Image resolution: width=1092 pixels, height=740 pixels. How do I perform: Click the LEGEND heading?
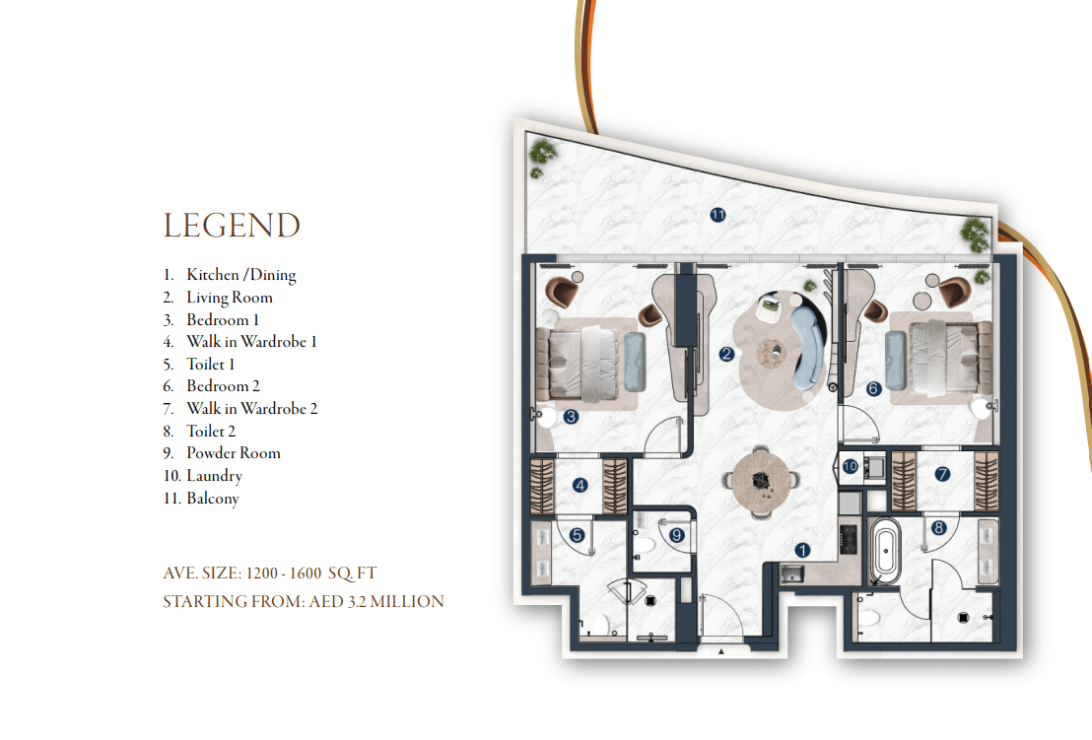232,226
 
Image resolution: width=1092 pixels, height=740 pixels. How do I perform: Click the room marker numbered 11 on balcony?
718,215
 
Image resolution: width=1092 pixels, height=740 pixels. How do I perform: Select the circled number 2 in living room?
726,354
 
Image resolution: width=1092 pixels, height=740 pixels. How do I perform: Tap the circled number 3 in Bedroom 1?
571,417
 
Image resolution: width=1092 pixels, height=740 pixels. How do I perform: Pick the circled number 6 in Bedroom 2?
873,388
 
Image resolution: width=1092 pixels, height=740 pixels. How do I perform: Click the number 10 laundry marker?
851,466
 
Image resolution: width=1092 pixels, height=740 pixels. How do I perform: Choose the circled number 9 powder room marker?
676,535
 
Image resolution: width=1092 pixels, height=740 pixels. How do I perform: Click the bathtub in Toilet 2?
885,551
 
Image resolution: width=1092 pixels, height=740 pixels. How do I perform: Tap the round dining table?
761,481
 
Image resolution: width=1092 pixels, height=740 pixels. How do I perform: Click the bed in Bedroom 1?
577,363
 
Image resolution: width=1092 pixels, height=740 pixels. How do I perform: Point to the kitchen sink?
791,574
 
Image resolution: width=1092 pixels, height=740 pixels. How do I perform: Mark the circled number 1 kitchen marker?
802,551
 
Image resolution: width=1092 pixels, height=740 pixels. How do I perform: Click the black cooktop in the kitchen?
849,539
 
